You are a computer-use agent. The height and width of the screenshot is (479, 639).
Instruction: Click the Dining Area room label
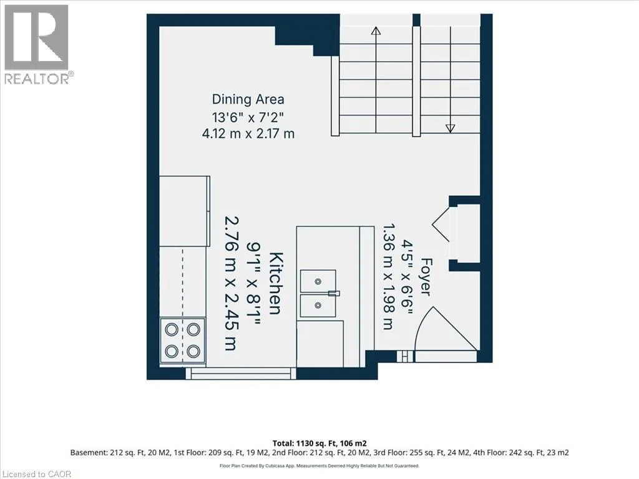pyautogui.click(x=248, y=99)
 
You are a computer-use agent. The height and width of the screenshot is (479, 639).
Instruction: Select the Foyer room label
pyautogui.click(x=426, y=276)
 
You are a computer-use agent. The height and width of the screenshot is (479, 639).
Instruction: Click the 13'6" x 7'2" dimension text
pyautogui.click(x=248, y=117)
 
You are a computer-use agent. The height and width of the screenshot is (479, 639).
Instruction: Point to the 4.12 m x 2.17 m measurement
pyautogui.click(x=248, y=133)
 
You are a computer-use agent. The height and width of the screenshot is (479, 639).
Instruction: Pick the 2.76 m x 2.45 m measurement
pyautogui.click(x=232, y=283)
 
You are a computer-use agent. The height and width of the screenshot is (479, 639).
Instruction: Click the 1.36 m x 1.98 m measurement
pyautogui.click(x=388, y=276)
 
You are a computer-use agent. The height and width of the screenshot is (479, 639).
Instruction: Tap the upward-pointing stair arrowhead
pyautogui.click(x=376, y=31)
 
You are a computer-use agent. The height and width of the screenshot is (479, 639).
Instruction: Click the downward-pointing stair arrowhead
pyautogui.click(x=450, y=128)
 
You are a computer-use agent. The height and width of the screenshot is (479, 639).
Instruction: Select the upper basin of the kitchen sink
pyautogui.click(x=318, y=281)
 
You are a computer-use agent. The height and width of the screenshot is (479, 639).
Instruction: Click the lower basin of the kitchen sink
pyautogui.click(x=318, y=306)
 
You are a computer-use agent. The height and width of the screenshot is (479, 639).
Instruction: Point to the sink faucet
pyautogui.click(x=334, y=293)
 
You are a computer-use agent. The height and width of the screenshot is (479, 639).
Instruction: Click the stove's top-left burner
pyautogui.click(x=172, y=329)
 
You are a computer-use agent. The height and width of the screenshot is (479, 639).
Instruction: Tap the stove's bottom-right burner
pyautogui.click(x=193, y=351)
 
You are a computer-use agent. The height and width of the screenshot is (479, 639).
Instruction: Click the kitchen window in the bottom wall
pyautogui.click(x=241, y=374)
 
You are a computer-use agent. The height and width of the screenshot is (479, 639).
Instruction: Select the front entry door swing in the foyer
pyautogui.click(x=446, y=329)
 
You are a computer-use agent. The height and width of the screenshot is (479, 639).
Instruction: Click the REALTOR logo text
pyautogui.click(x=39, y=79)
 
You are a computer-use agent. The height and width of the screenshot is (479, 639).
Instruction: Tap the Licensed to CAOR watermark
pyautogui.click(x=36, y=474)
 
